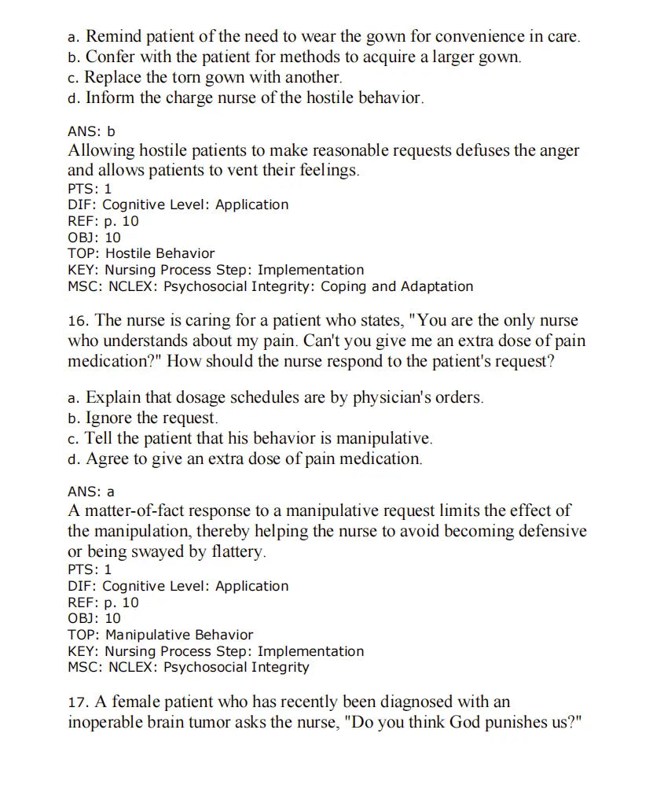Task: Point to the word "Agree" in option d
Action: pos(108,459)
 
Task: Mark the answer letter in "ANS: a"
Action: pos(111,492)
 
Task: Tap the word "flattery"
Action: pos(239,551)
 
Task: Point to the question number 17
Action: pos(78,702)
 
